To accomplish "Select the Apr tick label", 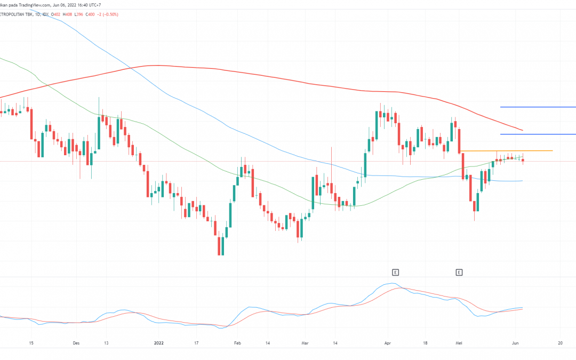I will [x=388, y=343].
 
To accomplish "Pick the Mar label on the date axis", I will [x=305, y=343].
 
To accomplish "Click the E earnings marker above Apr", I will [x=395, y=273].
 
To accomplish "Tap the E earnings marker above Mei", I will [x=459, y=273].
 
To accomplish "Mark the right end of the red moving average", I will [x=522, y=130].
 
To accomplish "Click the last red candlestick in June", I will [x=523, y=161].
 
